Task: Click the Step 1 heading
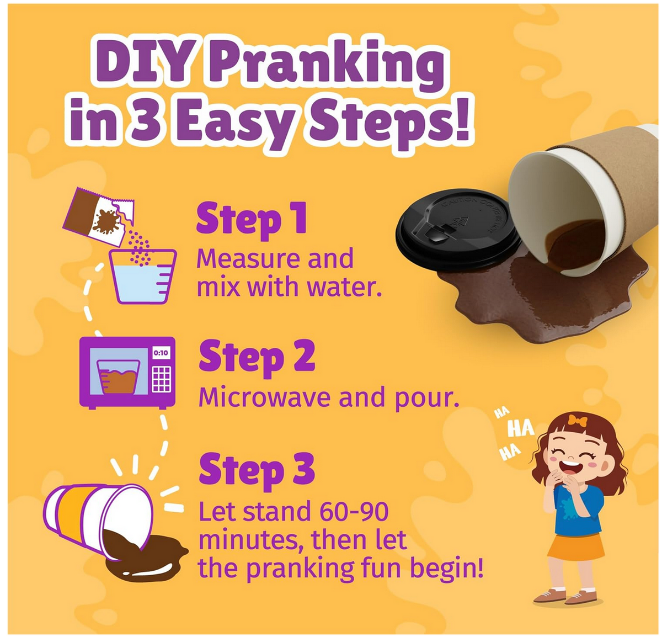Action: pos(251,219)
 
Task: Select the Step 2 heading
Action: pos(257,357)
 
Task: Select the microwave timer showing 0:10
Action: pos(161,353)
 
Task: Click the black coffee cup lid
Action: pos(458,229)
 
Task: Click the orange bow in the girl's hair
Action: pos(578,421)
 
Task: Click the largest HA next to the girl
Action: pos(520,428)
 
